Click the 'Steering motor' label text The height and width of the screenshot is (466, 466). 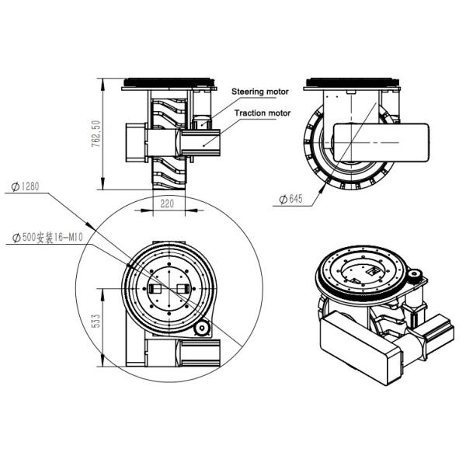pyautogui.click(x=260, y=92)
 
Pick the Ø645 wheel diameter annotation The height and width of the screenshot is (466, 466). pyautogui.click(x=290, y=200)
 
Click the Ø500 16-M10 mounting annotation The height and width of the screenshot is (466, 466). pyautogui.click(x=46, y=238)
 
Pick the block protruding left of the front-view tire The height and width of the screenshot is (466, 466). pyautogui.click(x=132, y=141)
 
